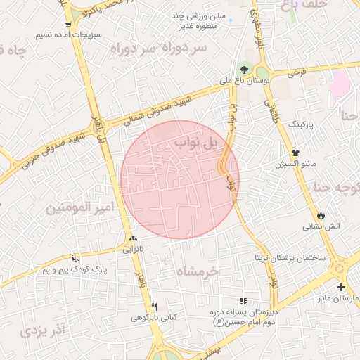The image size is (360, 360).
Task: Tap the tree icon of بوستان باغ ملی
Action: point(243,69)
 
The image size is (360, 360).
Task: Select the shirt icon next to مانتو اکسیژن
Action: point(296,152)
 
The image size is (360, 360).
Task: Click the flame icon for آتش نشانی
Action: point(321,214)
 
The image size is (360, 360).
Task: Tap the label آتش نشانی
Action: point(321,226)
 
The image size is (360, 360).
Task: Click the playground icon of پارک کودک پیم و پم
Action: point(75,258)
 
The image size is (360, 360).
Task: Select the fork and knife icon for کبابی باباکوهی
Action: point(154,306)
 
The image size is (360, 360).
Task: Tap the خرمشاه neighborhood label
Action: point(198,271)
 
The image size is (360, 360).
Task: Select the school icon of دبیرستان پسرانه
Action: point(243,301)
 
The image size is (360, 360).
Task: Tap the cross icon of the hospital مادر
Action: point(341,287)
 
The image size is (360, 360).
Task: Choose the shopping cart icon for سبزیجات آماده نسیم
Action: point(67,23)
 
